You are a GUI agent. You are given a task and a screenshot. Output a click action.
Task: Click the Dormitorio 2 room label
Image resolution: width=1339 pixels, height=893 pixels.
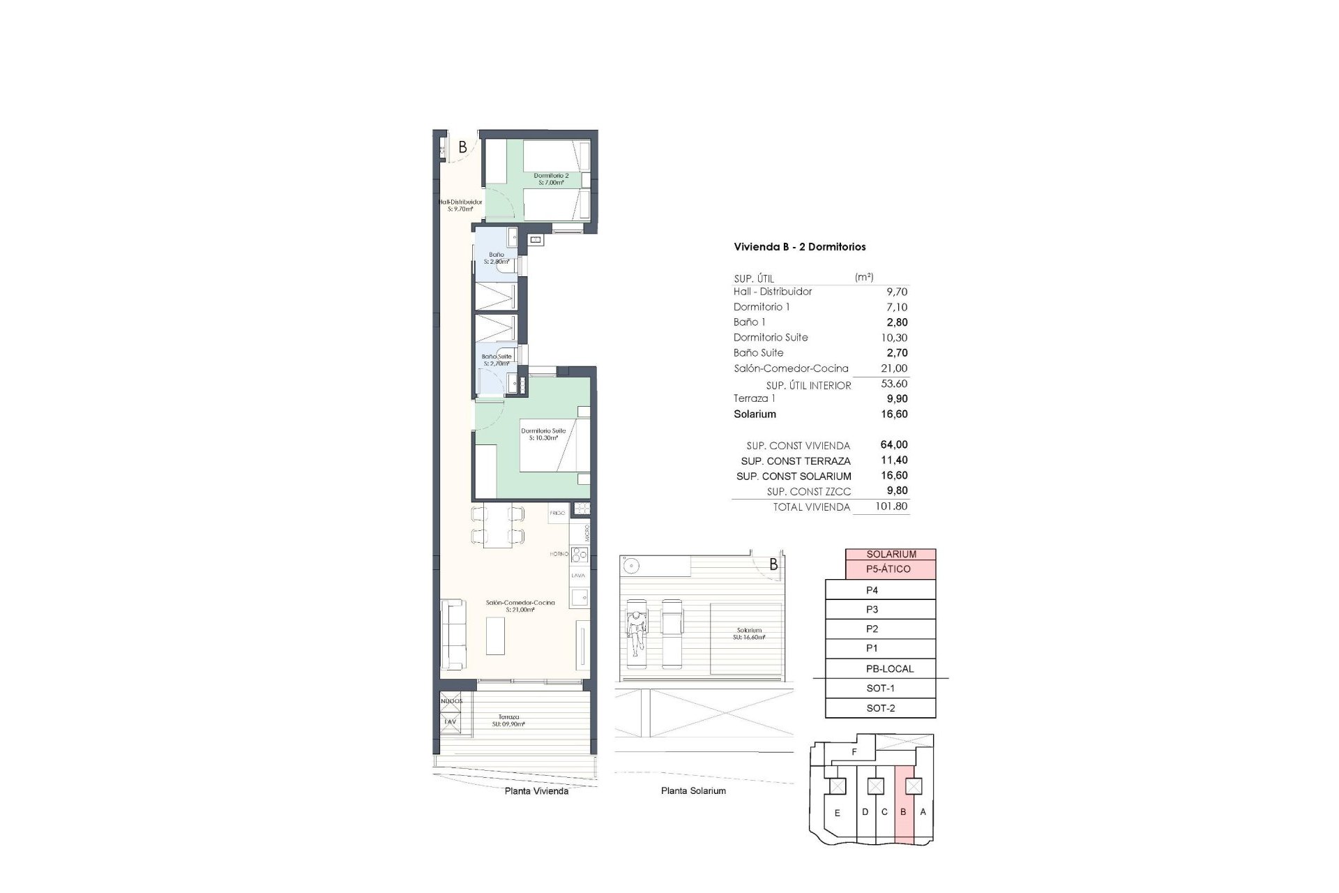point(551,179)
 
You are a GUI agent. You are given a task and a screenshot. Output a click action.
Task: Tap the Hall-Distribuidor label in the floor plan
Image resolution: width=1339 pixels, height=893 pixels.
point(460,205)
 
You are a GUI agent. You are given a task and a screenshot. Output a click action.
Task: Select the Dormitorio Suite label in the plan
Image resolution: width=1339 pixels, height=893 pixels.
point(543,434)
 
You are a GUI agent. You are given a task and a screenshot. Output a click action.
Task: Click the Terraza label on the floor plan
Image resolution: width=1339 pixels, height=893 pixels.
point(508,720)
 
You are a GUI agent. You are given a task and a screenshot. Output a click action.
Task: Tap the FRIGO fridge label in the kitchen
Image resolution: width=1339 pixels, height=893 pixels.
point(557,513)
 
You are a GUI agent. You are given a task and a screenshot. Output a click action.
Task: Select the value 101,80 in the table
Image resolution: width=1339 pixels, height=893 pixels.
point(892,506)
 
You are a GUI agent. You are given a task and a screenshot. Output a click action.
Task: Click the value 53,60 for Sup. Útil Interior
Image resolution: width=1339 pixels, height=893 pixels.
point(894,384)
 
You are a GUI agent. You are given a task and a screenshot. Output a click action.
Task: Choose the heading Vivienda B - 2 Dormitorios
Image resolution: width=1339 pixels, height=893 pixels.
point(799,246)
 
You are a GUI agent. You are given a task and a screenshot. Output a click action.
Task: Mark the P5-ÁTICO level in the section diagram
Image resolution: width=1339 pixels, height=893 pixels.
point(888,569)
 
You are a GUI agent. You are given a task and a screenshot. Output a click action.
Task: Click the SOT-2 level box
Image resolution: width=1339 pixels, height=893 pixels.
point(880,708)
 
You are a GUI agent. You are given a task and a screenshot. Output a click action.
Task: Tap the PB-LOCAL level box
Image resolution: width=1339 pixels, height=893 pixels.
point(889,668)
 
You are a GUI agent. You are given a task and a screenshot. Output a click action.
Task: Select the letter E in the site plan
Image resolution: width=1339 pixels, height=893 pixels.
point(837,813)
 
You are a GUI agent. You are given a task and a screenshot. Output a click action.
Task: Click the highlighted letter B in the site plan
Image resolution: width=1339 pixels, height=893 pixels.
point(903,812)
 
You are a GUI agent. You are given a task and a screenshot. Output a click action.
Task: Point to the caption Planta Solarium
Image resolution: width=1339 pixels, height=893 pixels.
point(693,790)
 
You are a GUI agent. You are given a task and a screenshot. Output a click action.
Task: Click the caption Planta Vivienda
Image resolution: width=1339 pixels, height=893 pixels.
point(536,791)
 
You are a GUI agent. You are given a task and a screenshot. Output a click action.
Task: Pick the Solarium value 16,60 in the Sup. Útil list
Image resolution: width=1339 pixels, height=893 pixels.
point(894,414)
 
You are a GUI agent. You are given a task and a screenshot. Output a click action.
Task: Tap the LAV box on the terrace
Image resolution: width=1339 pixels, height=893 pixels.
point(451,722)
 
